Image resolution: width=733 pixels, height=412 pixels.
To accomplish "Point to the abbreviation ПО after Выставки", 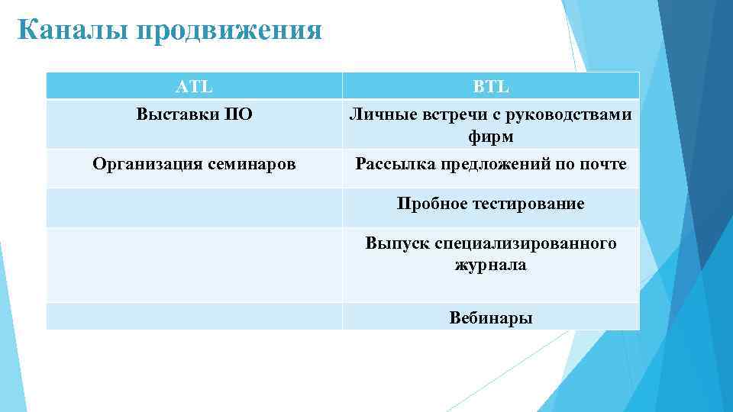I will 237,115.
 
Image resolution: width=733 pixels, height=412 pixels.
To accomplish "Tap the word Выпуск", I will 397,243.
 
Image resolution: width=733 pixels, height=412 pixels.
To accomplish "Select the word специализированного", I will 525,243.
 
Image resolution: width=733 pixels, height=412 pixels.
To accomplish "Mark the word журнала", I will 490,266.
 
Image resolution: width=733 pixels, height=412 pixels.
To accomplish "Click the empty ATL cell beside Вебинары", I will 194,317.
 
